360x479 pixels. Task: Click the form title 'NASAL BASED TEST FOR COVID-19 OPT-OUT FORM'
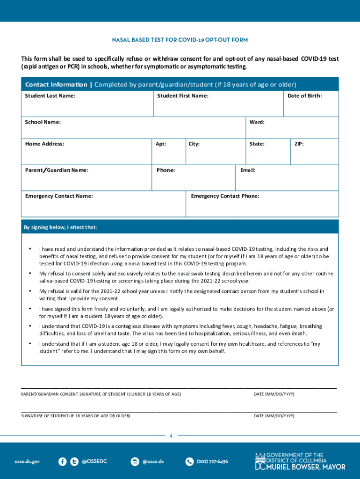click(180, 40)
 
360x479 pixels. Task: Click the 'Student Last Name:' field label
click(50, 96)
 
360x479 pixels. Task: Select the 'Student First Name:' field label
click(183, 96)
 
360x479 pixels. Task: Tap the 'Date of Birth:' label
click(304, 96)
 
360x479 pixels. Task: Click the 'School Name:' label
click(43, 122)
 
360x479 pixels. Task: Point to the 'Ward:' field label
click(257, 122)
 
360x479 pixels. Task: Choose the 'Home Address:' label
click(44, 144)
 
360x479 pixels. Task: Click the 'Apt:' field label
click(161, 144)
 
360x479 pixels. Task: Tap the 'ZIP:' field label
click(299, 144)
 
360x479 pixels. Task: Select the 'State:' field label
click(257, 144)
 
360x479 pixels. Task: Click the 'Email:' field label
click(247, 170)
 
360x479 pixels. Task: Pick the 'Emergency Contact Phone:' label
click(225, 196)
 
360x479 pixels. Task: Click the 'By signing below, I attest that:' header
click(60, 228)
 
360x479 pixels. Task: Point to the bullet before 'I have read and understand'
click(30, 249)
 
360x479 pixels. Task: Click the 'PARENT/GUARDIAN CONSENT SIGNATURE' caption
click(101, 394)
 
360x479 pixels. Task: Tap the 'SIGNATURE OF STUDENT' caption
click(76, 416)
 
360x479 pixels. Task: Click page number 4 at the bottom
click(171, 436)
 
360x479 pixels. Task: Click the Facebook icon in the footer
click(62, 462)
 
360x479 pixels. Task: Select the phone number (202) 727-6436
click(212, 462)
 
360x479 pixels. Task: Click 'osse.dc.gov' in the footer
click(27, 462)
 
